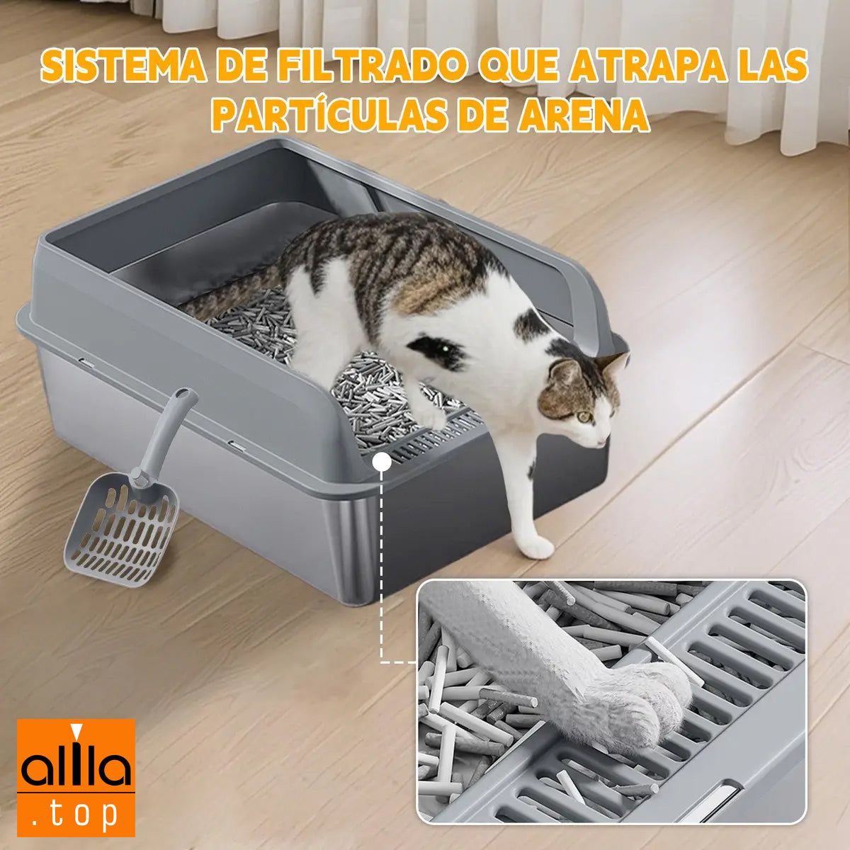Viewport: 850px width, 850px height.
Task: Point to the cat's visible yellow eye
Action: click(584, 416)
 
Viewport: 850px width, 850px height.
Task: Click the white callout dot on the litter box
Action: click(381, 461)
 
